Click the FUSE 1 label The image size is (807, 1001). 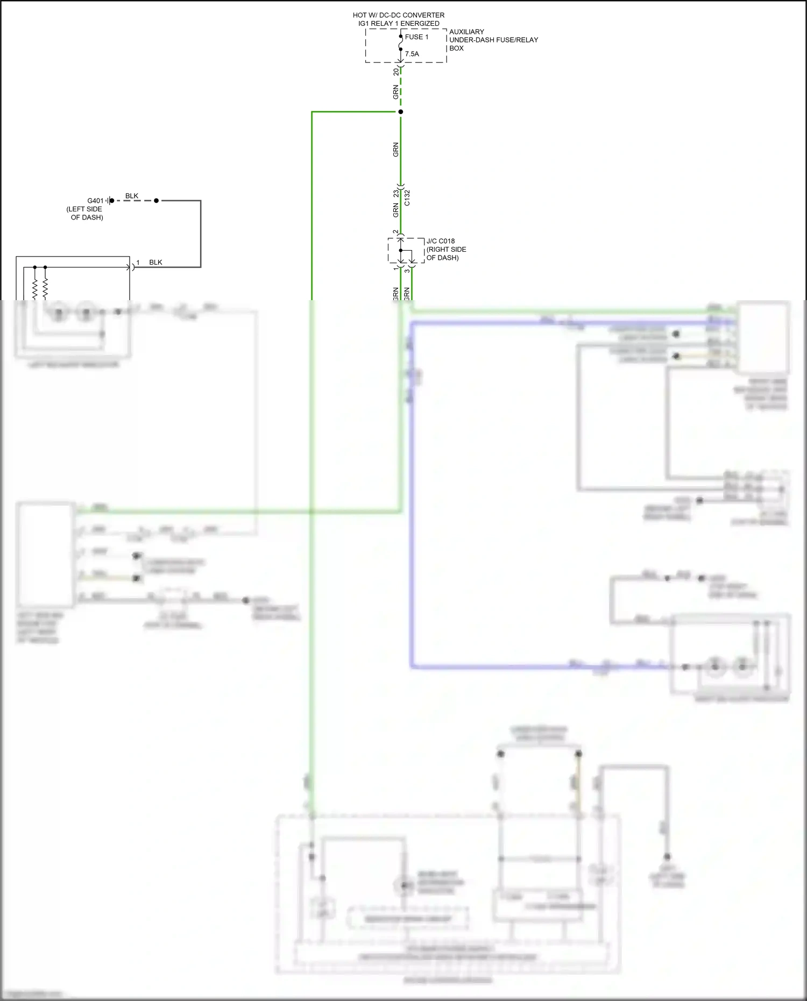(x=416, y=37)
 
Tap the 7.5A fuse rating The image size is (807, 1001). (x=412, y=54)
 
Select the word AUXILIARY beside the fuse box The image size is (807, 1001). (x=466, y=32)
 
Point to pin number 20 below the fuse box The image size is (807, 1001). (x=396, y=72)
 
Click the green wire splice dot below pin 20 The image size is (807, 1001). (x=400, y=112)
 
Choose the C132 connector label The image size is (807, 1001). (x=407, y=197)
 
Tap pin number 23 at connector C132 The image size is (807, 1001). (x=396, y=193)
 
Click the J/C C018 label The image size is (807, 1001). (x=441, y=241)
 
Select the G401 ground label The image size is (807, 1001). (x=95, y=201)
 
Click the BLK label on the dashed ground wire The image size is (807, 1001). (x=132, y=196)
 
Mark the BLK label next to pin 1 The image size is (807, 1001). (x=155, y=262)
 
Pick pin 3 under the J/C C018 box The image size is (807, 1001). (x=407, y=271)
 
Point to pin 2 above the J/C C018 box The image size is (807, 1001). (x=396, y=232)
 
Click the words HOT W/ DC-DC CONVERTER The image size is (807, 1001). (x=399, y=15)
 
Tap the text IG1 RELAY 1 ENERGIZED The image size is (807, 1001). (x=399, y=24)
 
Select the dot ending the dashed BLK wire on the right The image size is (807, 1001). (x=157, y=201)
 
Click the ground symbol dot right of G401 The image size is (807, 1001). (x=112, y=201)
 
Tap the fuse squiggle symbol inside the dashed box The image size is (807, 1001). (x=401, y=43)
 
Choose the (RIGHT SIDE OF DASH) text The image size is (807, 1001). (x=446, y=253)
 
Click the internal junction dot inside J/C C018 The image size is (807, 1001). (x=401, y=250)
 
